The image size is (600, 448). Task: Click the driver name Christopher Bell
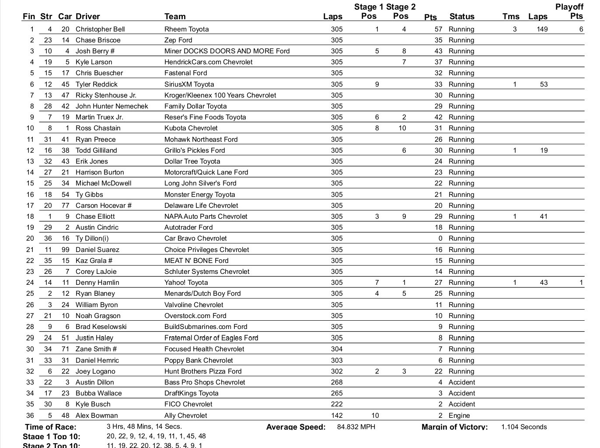[x=100, y=29]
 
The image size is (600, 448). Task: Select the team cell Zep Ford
[x=178, y=40]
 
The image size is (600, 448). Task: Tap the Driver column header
[x=87, y=17]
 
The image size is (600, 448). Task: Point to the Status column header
[x=462, y=17]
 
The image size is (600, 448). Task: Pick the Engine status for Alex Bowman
[x=459, y=416]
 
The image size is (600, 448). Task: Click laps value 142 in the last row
[x=337, y=416]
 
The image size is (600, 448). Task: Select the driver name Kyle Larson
[x=94, y=62]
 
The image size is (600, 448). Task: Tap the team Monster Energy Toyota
[x=199, y=195]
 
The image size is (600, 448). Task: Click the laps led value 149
[x=542, y=29]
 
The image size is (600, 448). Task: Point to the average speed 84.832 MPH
[x=356, y=427]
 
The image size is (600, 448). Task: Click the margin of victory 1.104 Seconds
[x=524, y=427]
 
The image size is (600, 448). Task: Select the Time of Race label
[x=51, y=427]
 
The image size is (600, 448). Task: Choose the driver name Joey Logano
[x=95, y=371]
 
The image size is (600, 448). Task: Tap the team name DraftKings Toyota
[x=191, y=393]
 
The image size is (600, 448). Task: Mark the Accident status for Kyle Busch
[x=462, y=404]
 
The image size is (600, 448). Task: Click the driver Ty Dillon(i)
[x=92, y=238]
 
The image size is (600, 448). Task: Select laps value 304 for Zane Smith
[x=337, y=349]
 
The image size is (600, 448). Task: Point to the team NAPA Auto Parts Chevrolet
[x=206, y=217]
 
